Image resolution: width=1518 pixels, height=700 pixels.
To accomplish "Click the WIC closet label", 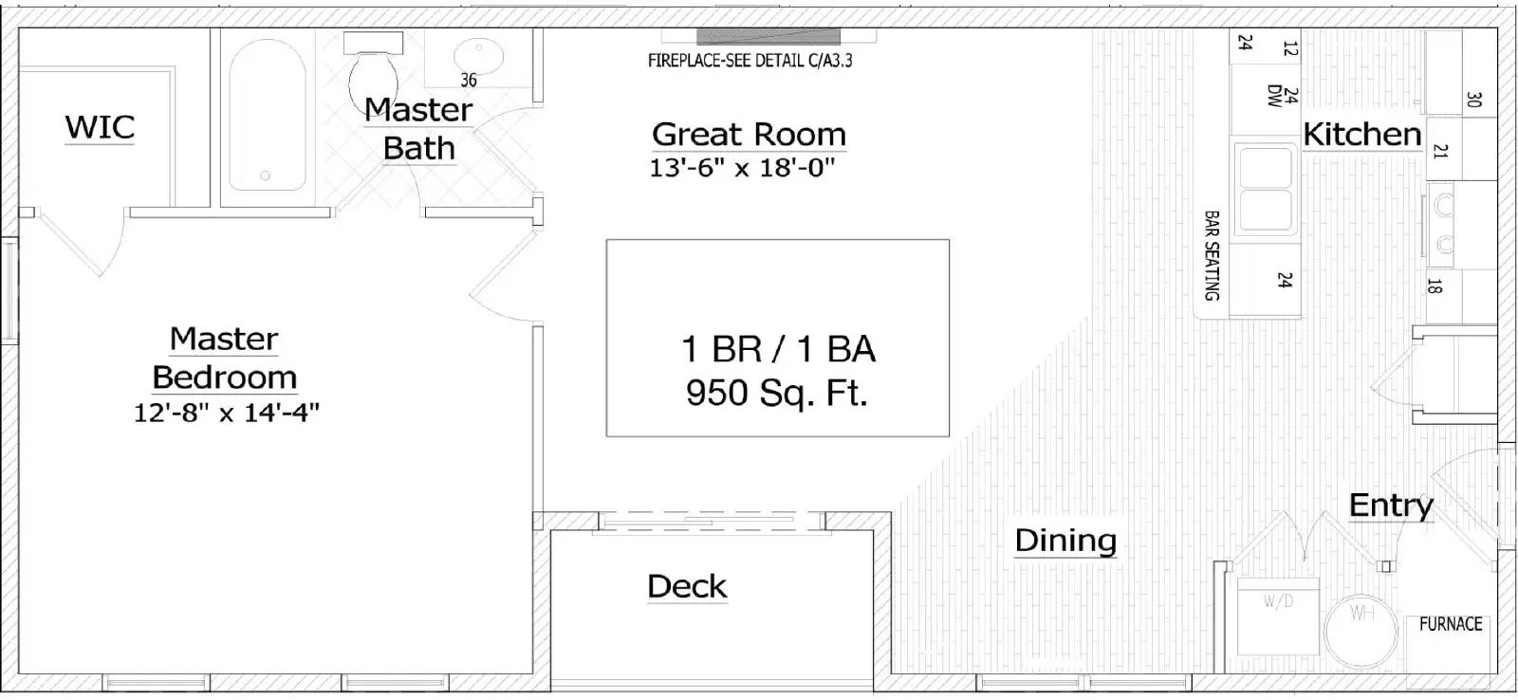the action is point(100,127).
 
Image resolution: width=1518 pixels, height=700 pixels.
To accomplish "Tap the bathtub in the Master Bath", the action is point(267,115).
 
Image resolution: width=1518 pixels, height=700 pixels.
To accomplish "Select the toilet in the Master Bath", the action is point(374,75).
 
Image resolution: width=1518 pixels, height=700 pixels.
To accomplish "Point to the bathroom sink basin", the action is point(478,55).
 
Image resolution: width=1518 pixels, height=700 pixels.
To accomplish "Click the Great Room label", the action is point(749,134).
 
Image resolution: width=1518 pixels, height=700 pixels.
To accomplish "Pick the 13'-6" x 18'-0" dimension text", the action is point(742,167).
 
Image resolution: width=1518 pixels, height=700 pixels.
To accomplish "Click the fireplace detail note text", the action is point(750,61).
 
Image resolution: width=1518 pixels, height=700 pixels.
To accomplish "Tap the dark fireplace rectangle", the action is point(768,37).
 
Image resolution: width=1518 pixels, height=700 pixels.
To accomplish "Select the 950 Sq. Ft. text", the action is point(777,393).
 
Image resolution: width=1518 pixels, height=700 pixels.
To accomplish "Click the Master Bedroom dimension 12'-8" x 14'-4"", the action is point(227,412).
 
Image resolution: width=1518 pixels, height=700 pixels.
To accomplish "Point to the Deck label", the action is point(687,586).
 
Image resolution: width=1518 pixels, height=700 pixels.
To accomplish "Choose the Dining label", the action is point(1065,540).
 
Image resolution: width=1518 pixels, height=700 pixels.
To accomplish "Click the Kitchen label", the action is point(1362,134).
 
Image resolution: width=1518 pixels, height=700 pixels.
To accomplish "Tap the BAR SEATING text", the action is point(1212,255).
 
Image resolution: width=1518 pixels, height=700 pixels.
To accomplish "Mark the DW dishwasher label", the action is point(1274,96).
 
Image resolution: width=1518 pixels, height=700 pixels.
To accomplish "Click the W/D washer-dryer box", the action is point(1278,616).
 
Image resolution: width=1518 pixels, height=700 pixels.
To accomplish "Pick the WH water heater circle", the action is point(1361,630).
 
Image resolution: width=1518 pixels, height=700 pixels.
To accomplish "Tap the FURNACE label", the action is point(1451,623).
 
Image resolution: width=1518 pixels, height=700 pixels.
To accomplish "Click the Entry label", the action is point(1391,506).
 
